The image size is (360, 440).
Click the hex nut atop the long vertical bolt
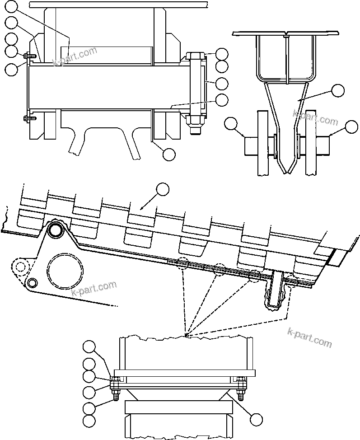click(x=195, y=56)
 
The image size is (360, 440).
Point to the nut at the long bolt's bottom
click(x=195, y=121)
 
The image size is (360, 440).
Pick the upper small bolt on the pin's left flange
click(x=26, y=56)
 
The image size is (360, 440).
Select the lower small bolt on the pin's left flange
click(x=26, y=119)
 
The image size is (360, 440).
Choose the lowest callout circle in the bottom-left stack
click(x=89, y=422)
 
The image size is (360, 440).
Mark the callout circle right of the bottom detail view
click(x=256, y=420)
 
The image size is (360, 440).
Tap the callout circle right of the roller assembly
click(x=351, y=127)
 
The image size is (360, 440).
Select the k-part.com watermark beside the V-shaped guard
click(x=315, y=118)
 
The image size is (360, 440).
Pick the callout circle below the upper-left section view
click(x=169, y=154)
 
